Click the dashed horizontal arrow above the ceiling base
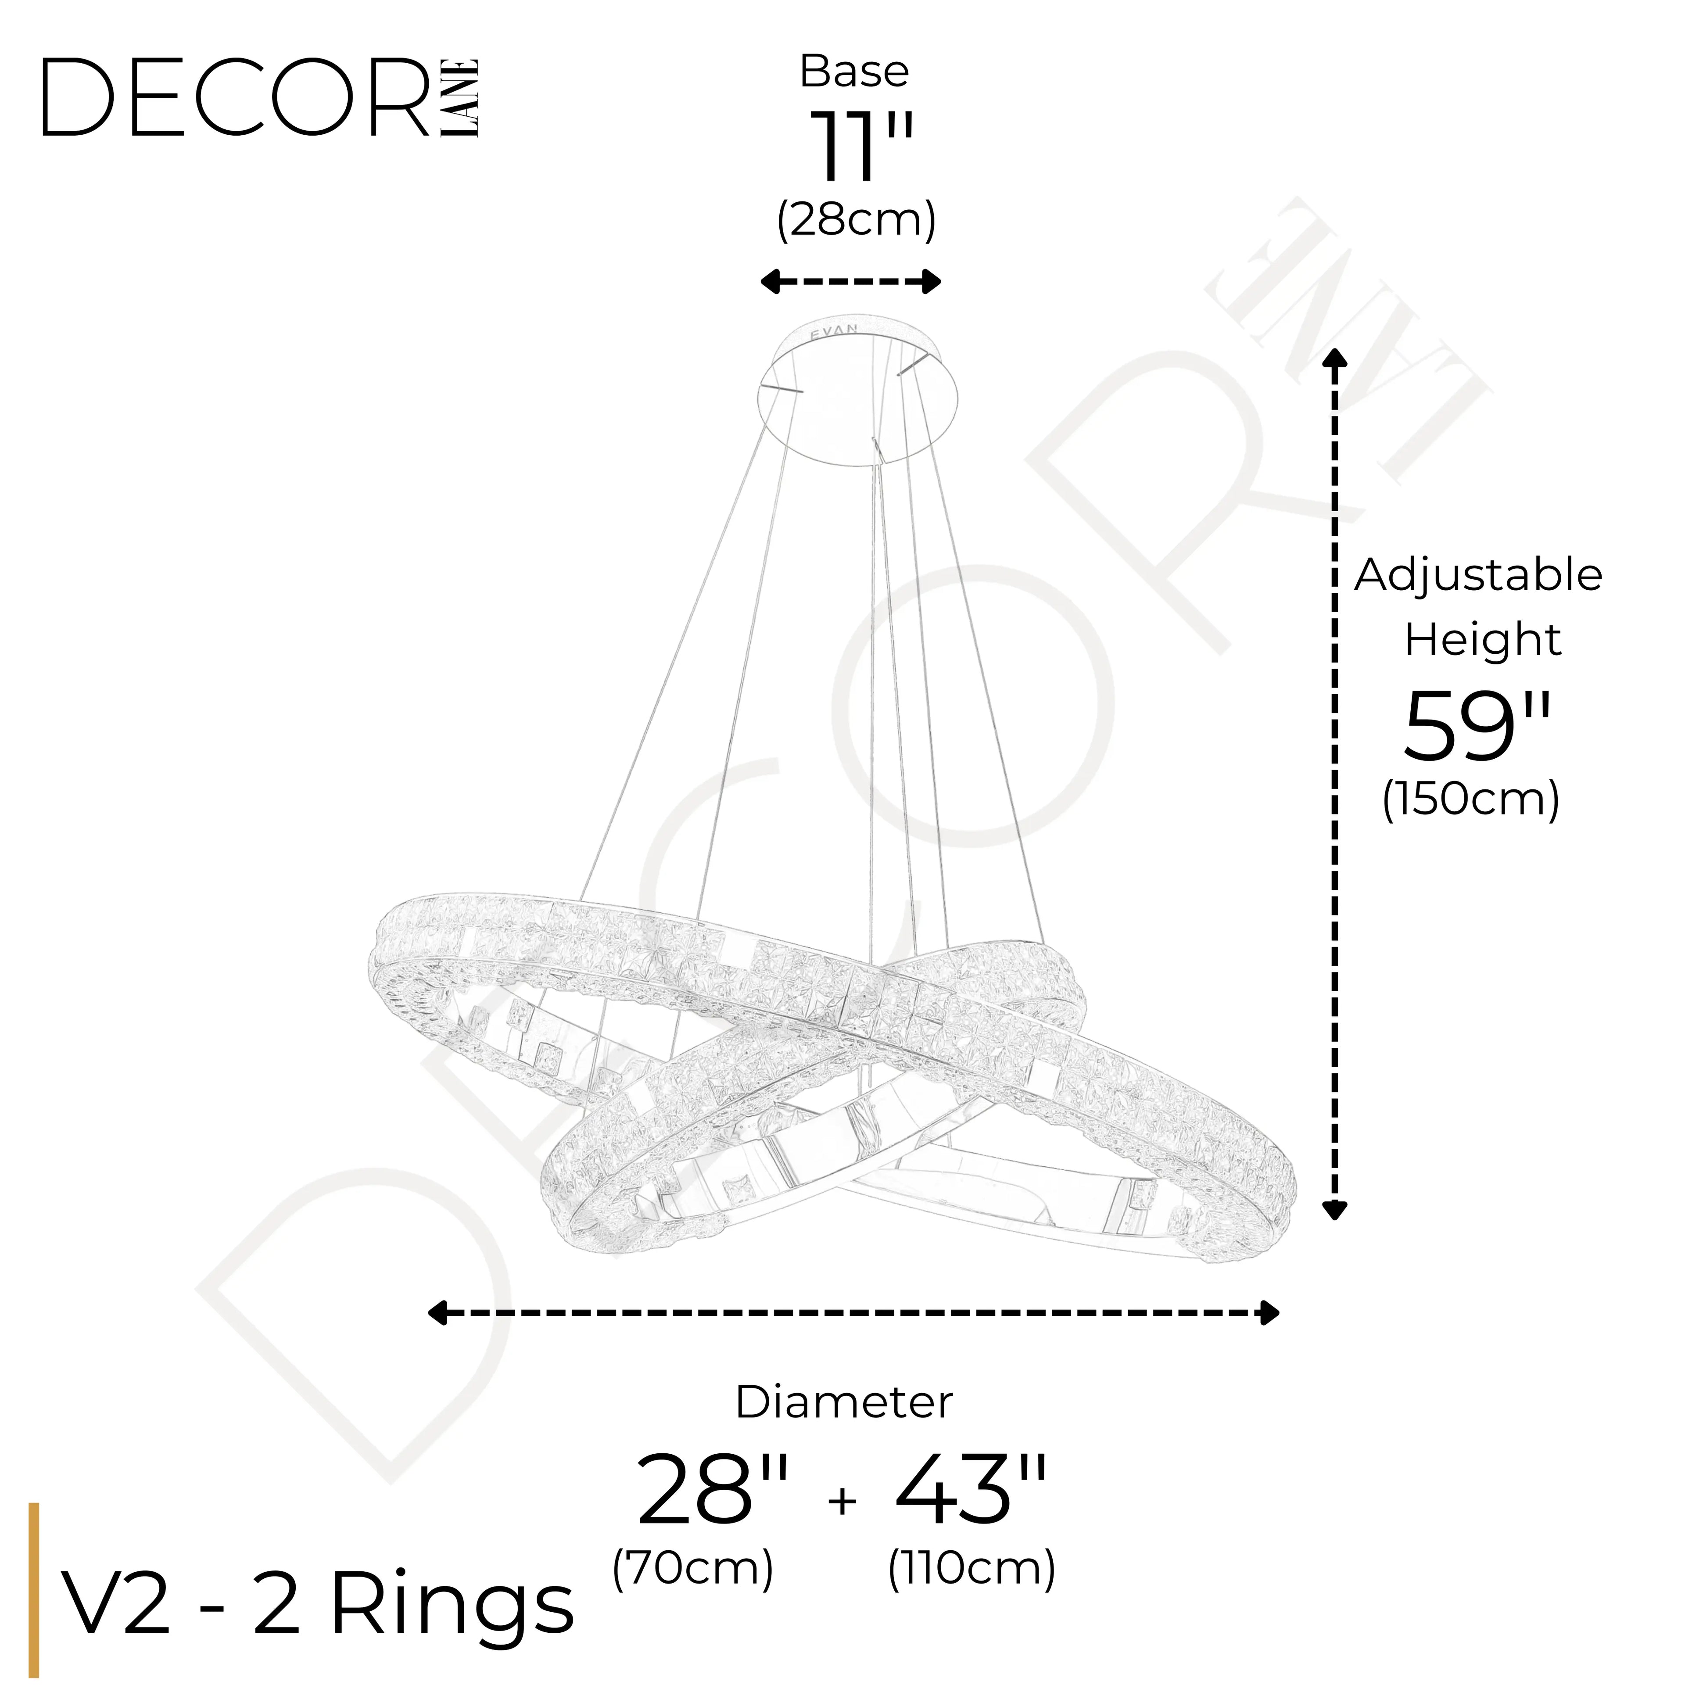pyautogui.click(x=850, y=282)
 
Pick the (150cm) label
pyautogui.click(x=1470, y=799)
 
